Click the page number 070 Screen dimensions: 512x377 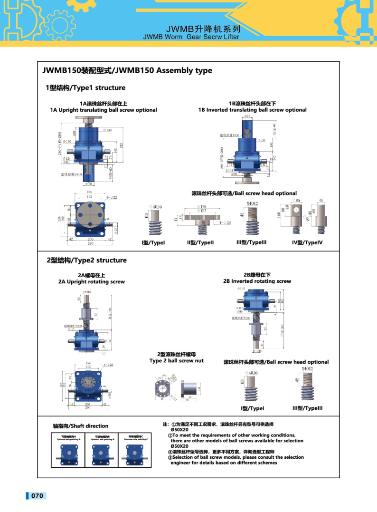click(37, 496)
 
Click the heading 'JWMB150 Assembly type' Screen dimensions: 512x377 click(127, 71)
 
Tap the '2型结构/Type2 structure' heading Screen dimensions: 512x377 click(86, 260)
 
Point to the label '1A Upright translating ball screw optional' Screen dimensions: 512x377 click(104, 110)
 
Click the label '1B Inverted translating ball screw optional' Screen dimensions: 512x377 click(252, 110)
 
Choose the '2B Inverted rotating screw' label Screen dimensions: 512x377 click(257, 281)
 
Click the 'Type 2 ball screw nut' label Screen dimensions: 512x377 click(176, 360)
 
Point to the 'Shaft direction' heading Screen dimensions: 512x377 click(81, 426)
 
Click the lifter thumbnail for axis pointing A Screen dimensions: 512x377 click(71, 454)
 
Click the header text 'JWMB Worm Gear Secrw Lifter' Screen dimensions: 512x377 click(191, 37)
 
